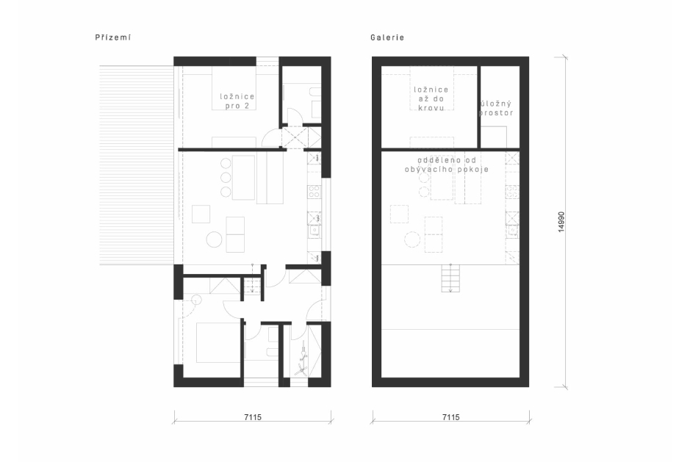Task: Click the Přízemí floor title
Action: tap(113, 37)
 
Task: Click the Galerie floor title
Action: tap(387, 37)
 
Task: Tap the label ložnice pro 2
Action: tap(237, 101)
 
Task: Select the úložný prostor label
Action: tap(496, 108)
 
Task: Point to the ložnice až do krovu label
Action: tap(431, 98)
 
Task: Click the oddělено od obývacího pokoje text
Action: tap(447, 165)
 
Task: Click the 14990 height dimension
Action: tap(561, 223)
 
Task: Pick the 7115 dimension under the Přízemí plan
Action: tap(253, 417)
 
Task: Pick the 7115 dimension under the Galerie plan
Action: tap(450, 417)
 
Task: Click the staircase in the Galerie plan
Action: tap(450, 278)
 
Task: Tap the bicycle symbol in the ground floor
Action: tap(302, 358)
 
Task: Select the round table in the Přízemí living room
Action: tap(215, 239)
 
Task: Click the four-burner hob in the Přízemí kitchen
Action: tap(315, 192)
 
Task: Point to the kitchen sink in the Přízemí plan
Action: tap(315, 230)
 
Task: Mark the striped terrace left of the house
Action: tap(137, 165)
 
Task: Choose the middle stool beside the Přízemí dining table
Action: tap(226, 178)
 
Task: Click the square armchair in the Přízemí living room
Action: tap(201, 214)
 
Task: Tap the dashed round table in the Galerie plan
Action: tap(412, 239)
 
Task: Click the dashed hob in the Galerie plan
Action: tap(512, 192)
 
